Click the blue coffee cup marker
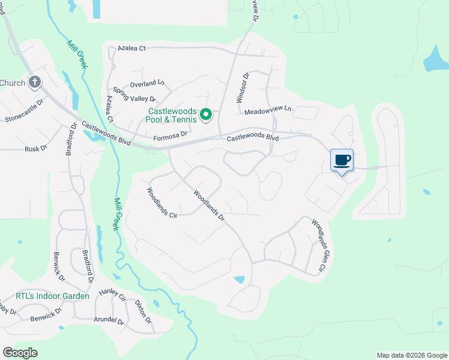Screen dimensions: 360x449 click(342, 161)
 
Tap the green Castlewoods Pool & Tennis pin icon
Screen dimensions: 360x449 click(206, 113)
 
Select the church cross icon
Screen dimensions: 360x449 click(35, 82)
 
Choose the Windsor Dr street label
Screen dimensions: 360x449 click(245, 86)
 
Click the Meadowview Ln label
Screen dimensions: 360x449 click(267, 110)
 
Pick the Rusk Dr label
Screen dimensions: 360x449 click(36, 148)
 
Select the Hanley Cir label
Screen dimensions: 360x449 click(113, 295)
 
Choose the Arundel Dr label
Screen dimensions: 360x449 click(109, 322)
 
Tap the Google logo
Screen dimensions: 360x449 click(20, 353)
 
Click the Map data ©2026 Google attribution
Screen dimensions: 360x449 click(411, 355)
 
